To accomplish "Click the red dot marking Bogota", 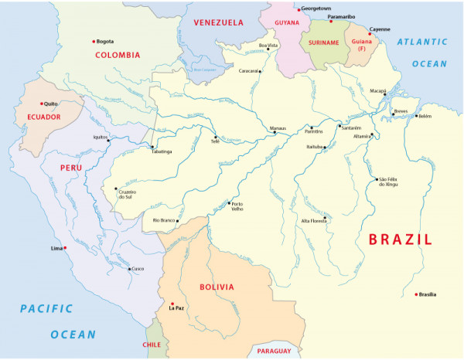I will (94, 41).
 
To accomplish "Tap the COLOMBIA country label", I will (118, 55).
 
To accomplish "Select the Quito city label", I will (51, 103).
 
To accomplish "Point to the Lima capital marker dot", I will (65, 248).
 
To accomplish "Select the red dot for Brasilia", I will (416, 294).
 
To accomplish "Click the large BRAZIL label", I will (400, 239).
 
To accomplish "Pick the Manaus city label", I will (278, 127).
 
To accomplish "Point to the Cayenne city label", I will (380, 29).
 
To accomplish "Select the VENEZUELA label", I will (218, 23).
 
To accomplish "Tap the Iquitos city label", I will (100, 137).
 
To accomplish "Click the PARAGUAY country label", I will (275, 351).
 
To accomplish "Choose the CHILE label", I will (152, 345).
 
